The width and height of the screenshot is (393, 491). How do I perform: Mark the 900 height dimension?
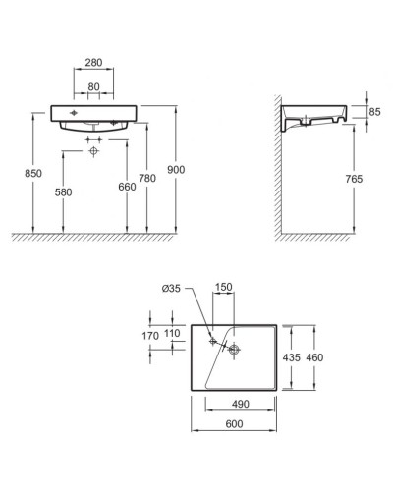point(176,169)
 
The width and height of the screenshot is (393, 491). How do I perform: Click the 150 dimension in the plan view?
point(224,289)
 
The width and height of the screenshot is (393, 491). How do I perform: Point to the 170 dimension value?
point(149,335)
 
